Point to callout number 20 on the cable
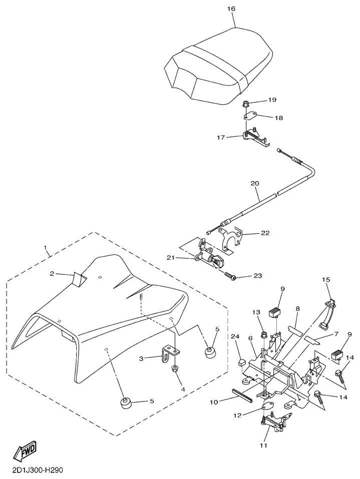[x=255, y=184]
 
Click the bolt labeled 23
[x=230, y=275]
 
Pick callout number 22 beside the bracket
[x=265, y=233]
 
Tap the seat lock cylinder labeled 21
[x=211, y=259]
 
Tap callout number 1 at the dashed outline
[x=46, y=248]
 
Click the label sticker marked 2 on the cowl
[x=79, y=277]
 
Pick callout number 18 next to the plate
[x=279, y=118]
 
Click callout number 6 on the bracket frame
[x=250, y=338]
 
